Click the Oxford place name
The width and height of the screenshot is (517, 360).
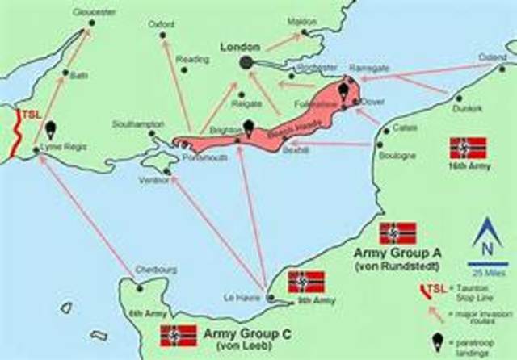[x=162, y=25]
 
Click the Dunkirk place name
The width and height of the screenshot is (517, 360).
[x=468, y=107]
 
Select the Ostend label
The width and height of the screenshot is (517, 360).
[x=493, y=57]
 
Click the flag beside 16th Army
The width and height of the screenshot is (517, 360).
[x=468, y=148]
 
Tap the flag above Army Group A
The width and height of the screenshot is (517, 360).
[x=397, y=233]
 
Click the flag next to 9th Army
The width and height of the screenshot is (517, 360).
[x=306, y=282]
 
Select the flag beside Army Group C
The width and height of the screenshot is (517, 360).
[x=179, y=334]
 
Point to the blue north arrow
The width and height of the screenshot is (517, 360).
[x=487, y=233]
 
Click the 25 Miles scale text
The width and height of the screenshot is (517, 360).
[x=487, y=270]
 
